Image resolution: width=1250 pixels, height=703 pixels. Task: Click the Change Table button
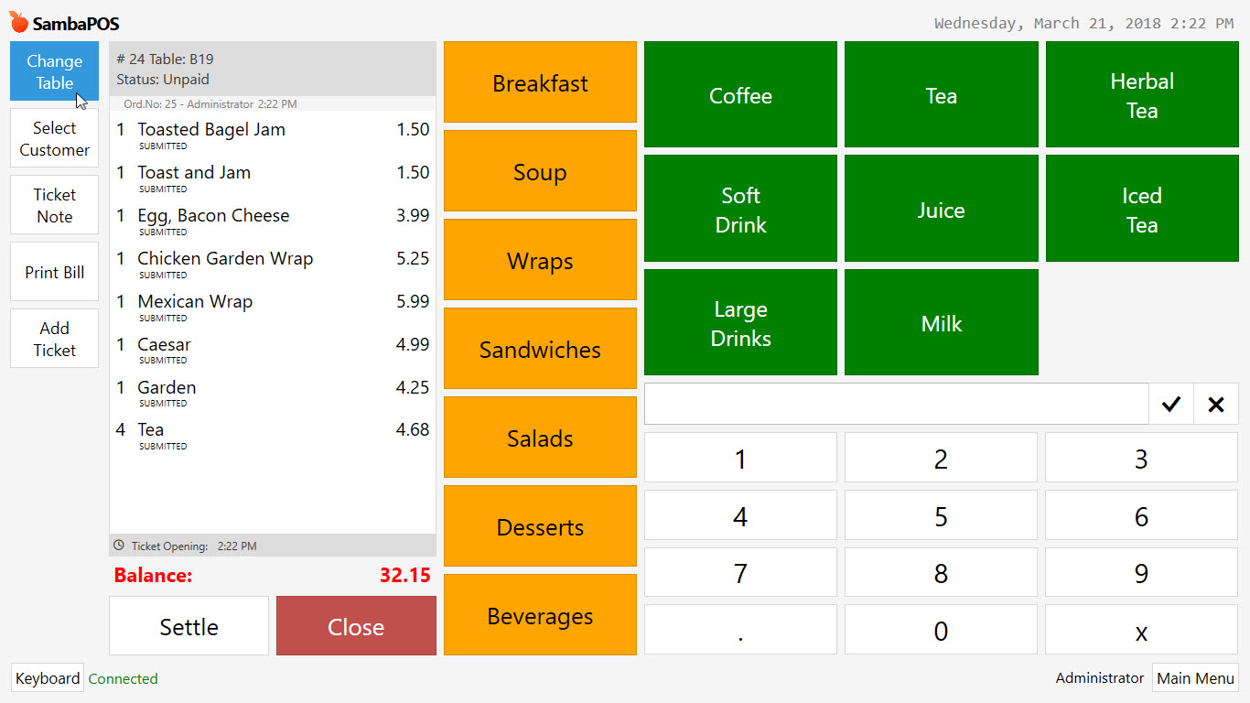pyautogui.click(x=54, y=71)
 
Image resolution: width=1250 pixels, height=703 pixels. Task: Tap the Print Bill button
pyautogui.click(x=54, y=272)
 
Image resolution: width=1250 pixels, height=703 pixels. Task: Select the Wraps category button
pyautogui.click(x=540, y=261)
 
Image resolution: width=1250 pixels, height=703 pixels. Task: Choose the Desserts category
pyautogui.click(x=540, y=527)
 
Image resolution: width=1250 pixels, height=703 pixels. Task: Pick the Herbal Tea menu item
pyautogui.click(x=1141, y=95)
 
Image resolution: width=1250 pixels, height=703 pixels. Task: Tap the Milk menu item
pyautogui.click(x=941, y=323)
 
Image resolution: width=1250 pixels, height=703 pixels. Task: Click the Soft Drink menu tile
pyautogui.click(x=740, y=210)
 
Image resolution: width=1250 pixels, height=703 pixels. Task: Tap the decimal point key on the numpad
pyautogui.click(x=740, y=631)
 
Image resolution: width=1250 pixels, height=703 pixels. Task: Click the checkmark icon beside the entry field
pyautogui.click(x=1170, y=405)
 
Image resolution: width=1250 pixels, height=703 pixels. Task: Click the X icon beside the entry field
pyautogui.click(x=1215, y=405)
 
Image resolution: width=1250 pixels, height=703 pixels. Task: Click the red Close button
pyautogui.click(x=356, y=627)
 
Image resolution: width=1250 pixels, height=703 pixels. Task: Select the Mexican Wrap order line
pyautogui.click(x=195, y=302)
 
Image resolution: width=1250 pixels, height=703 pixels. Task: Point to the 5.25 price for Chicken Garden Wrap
pyautogui.click(x=413, y=259)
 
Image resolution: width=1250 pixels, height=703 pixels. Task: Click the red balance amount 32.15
pyautogui.click(x=404, y=576)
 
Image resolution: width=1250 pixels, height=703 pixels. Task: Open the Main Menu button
pyautogui.click(x=1195, y=678)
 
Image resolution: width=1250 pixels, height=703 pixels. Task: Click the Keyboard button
pyautogui.click(x=48, y=678)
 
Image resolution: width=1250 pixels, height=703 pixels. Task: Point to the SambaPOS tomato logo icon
pyautogui.click(x=19, y=23)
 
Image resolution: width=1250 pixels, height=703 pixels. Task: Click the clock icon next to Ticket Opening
pyautogui.click(x=119, y=546)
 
